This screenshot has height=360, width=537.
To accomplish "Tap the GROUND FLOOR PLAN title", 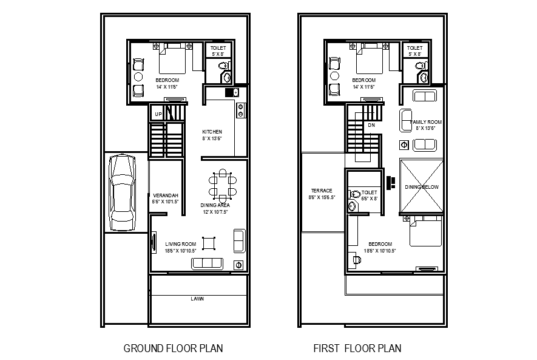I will point(173,348).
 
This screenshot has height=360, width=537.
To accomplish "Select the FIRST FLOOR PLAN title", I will point(357,348).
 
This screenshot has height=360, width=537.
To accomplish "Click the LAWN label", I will point(197,299).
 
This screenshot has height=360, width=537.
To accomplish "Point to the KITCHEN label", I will point(212,132).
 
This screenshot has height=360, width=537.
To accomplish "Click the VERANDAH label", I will point(165,195).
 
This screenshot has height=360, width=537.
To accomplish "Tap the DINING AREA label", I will point(214,206).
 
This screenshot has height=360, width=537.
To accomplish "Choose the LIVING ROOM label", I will point(180,244).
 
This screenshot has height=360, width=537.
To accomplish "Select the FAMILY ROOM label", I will point(427,122).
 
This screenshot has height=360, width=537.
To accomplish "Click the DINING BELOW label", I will point(422,187).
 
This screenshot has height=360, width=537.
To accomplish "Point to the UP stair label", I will point(158,114).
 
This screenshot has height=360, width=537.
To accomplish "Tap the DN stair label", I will point(371,126).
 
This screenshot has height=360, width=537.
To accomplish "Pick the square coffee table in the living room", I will point(209,243).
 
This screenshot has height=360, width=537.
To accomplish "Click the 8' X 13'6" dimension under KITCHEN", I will point(212,138).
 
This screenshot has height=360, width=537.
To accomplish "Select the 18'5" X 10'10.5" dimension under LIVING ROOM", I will point(180,251).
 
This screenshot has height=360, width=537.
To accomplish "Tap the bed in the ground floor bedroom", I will point(172,57).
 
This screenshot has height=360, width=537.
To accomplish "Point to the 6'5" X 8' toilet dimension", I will point(370,199).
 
